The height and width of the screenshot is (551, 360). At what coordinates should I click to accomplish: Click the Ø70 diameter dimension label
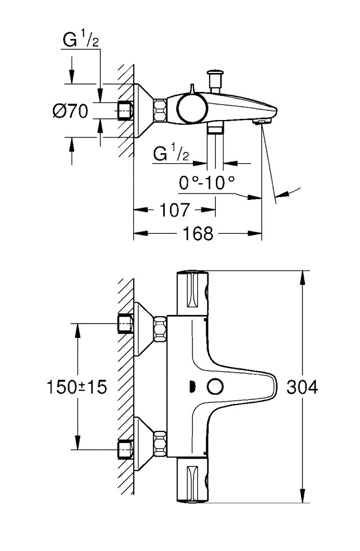click(70, 111)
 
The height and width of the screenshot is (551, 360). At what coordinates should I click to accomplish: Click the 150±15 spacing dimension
click(76, 387)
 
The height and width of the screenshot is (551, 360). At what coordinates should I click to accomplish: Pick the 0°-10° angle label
click(207, 183)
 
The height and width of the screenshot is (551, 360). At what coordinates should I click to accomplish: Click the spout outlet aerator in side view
click(261, 121)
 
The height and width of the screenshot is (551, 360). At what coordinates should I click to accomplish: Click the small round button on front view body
click(216, 387)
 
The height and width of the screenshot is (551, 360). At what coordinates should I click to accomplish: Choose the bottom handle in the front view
click(195, 481)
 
